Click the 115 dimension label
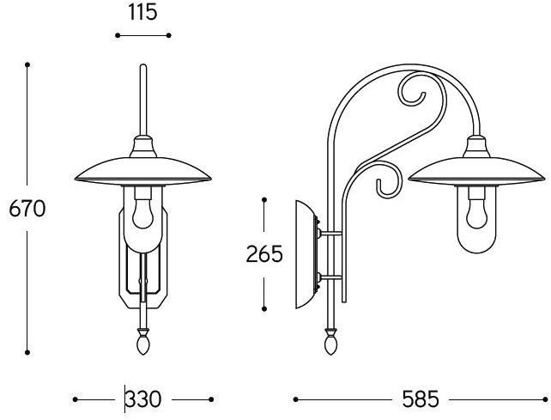[142, 13]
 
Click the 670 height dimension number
[27, 209]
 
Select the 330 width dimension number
[143, 399]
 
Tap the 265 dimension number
[264, 254]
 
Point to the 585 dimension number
[421, 399]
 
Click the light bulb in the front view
[143, 212]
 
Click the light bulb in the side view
[477, 212]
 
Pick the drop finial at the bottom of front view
[143, 341]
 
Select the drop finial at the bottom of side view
[330, 341]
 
